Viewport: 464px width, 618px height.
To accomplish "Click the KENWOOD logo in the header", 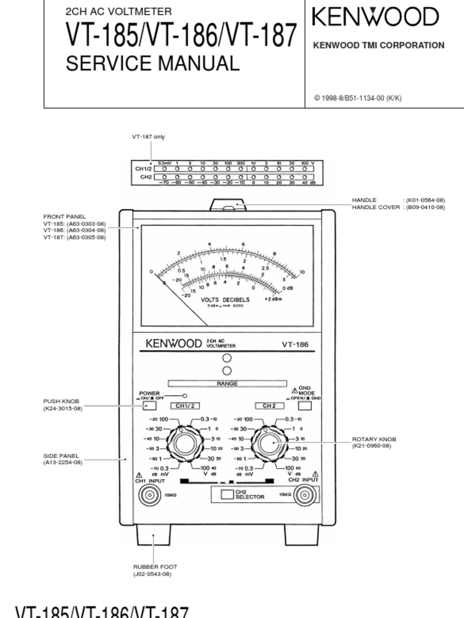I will point(375,18).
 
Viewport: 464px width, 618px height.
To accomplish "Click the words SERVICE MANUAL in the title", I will point(152,63).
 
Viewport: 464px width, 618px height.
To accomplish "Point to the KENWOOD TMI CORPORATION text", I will point(378,45).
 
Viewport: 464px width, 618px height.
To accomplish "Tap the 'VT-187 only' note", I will point(149,137).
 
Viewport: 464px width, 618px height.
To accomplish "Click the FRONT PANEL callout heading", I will point(64,217).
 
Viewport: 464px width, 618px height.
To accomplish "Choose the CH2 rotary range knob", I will point(267,444).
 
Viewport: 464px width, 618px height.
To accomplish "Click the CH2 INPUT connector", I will point(304,495).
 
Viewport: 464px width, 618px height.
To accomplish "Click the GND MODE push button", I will point(305,406).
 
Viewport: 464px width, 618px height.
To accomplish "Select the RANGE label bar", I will point(227,383).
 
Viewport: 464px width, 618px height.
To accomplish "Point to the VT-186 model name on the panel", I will point(295,345).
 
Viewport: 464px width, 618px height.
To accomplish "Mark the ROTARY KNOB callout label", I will point(375,439).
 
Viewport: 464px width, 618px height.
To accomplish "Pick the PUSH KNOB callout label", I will point(61,401).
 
